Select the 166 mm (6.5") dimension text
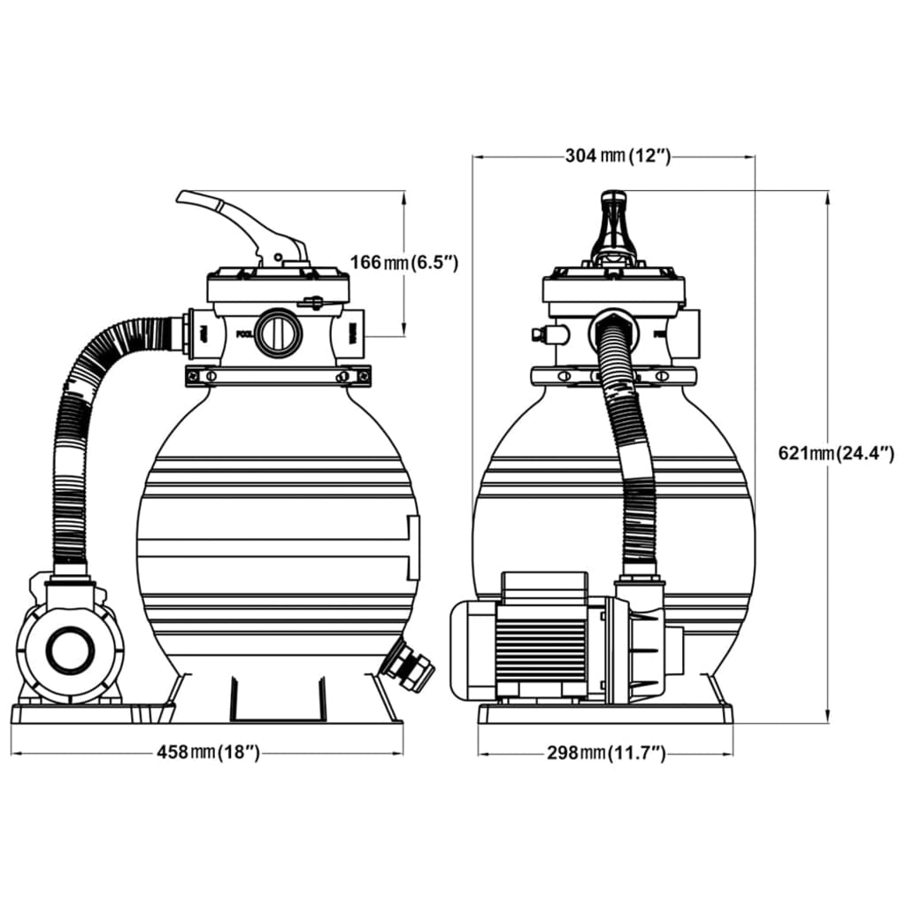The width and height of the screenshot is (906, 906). [x=403, y=262]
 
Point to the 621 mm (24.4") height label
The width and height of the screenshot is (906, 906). [x=836, y=454]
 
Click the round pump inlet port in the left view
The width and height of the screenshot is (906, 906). [x=69, y=650]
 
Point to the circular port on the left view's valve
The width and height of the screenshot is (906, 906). [x=279, y=333]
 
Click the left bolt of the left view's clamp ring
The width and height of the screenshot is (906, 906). [x=211, y=376]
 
